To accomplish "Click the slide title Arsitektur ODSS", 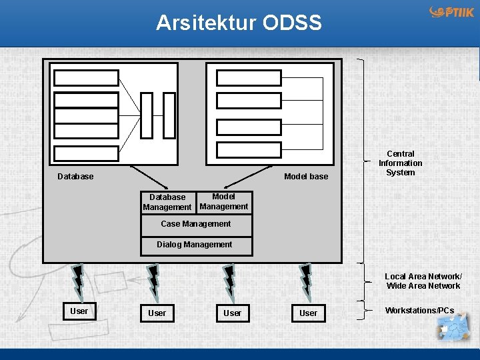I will tap(239, 23).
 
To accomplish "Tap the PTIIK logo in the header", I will tap(452, 13).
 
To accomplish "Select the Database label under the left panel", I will tap(75, 177).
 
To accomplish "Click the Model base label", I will tap(306, 177).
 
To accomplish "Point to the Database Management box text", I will tap(167, 202).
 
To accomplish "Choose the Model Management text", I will tap(224, 201).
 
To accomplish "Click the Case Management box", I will tap(196, 225).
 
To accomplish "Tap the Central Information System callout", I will tap(401, 163).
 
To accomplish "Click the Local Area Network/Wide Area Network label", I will tap(423, 281).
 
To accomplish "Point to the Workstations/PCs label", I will tap(419, 311).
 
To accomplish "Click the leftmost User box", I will tap(79, 311).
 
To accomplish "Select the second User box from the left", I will tap(157, 313).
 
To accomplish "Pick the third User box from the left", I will tap(233, 313).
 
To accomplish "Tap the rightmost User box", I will tap(309, 313).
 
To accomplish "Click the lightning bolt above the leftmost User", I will tap(77, 280).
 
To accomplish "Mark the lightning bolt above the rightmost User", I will tap(305, 280).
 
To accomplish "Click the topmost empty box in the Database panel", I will tap(86, 78).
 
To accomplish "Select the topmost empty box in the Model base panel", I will tap(249, 78).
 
